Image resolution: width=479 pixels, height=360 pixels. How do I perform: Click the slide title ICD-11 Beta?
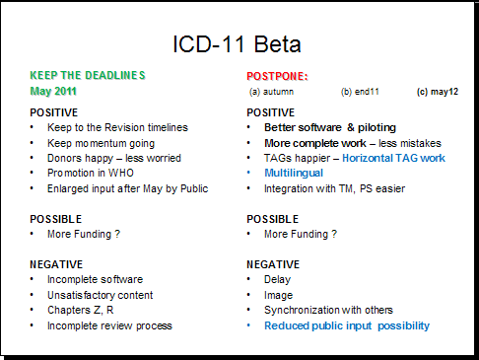[237, 44]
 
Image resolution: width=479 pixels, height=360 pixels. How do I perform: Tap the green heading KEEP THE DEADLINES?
[89, 75]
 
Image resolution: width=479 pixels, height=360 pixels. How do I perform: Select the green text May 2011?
[53, 91]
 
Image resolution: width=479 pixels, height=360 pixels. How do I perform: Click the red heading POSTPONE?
[277, 76]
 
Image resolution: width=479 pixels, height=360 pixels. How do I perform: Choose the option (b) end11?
[361, 92]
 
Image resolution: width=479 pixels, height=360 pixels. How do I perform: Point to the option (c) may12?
[438, 92]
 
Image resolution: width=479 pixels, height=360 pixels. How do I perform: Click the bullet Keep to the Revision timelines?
[116, 127]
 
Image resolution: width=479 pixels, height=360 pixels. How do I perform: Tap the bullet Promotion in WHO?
[98, 173]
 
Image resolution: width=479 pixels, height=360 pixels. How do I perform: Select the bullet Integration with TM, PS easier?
[334, 188]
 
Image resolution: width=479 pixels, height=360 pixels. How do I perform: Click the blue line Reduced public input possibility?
[347, 325]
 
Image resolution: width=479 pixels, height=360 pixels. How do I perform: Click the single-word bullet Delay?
[278, 280]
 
